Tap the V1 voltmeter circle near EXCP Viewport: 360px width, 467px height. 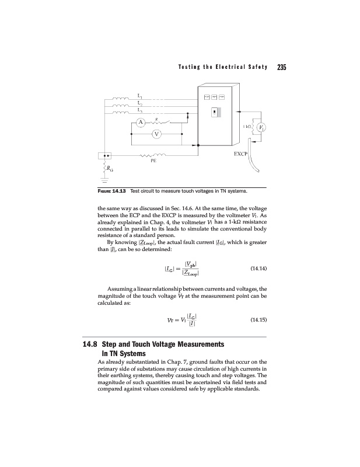[262, 128]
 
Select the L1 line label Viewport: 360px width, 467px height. [139, 95]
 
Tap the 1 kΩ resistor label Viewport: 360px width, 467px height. [247, 127]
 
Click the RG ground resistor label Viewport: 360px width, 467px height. [109, 169]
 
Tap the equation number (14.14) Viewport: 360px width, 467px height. [258, 253]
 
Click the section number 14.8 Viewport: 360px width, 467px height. [93, 344]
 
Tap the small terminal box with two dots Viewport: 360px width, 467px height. [106, 156]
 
